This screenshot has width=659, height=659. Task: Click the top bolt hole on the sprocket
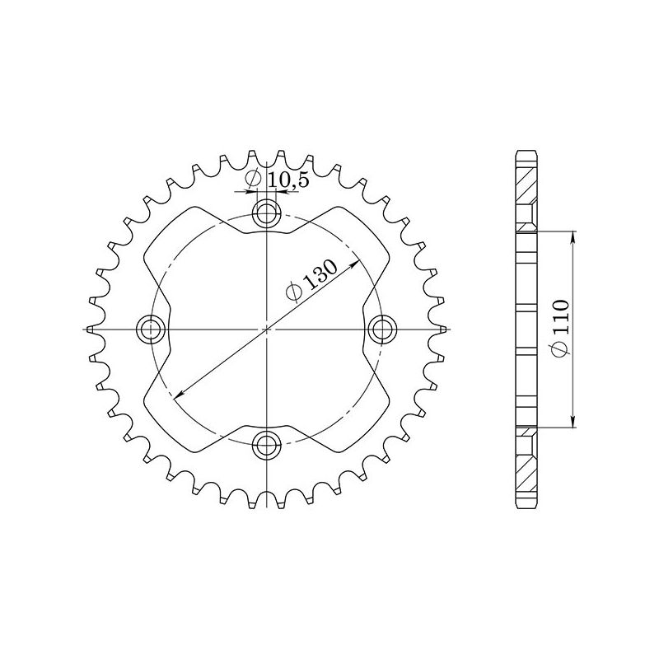(x=266, y=213)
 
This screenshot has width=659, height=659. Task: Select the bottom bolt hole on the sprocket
(x=266, y=446)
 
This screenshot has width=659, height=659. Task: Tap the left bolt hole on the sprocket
(x=150, y=329)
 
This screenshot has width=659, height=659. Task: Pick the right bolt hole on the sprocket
(x=382, y=329)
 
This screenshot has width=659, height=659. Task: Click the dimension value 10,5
(x=290, y=180)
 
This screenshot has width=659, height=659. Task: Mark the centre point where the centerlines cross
(x=266, y=329)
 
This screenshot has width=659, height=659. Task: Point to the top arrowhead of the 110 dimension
(x=574, y=236)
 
